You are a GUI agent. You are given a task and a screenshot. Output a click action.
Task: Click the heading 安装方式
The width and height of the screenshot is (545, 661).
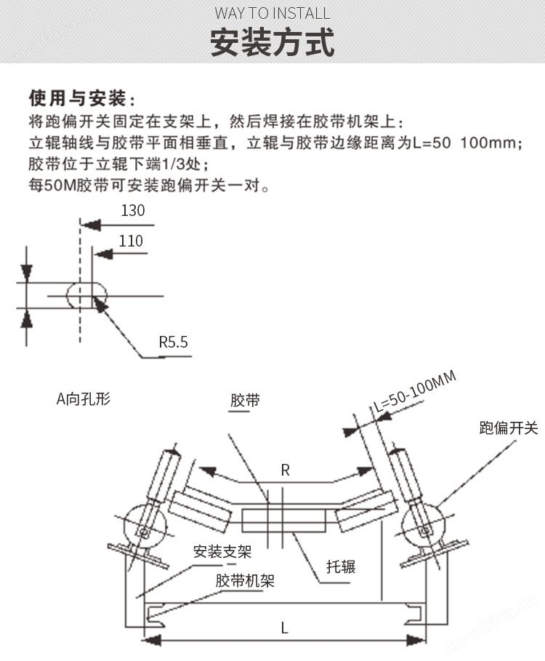[272, 42]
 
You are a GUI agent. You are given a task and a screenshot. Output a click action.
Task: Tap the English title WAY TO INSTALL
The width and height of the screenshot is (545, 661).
[272, 14]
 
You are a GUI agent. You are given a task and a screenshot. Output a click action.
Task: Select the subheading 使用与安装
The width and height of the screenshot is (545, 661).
[78, 98]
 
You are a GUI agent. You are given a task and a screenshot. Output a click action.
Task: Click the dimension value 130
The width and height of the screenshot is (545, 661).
[133, 210]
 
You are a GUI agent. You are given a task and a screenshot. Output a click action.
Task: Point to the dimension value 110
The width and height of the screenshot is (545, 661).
[131, 241]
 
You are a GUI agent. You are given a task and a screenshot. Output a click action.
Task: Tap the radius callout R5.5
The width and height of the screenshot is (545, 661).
[173, 342]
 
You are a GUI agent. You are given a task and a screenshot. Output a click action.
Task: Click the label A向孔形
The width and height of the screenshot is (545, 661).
[84, 398]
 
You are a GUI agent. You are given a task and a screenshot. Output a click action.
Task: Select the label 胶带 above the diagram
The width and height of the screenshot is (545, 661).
[245, 400]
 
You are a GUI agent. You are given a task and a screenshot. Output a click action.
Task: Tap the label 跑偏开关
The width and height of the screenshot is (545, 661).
[509, 428]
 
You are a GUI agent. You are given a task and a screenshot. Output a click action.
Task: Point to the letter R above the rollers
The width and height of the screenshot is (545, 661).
[285, 470]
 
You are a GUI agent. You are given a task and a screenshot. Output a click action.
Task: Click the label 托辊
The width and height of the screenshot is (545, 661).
[341, 566]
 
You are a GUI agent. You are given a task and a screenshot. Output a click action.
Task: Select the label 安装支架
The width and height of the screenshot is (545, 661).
[222, 551]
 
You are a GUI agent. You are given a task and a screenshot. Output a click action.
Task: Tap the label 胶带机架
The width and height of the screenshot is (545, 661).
[245, 581]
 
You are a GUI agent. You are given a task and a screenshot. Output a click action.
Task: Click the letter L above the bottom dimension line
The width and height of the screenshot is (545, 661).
[284, 628]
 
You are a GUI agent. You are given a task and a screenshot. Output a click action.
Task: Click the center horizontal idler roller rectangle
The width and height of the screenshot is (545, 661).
[283, 521]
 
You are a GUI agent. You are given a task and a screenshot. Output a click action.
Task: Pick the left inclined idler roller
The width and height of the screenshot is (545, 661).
[201, 510]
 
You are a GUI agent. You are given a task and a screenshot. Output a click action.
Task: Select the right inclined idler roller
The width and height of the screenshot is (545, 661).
[367, 509]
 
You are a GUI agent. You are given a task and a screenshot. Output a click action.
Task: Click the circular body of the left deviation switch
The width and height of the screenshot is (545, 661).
[145, 527]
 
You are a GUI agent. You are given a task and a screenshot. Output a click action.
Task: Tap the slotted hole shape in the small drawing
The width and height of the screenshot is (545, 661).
[86, 295]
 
